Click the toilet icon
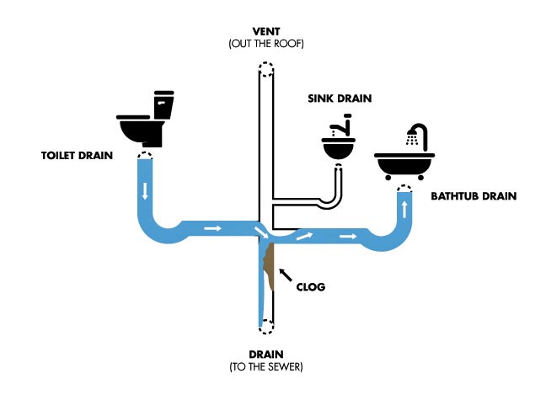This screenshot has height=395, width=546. click(x=147, y=122)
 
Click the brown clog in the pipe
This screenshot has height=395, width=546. click(x=269, y=264)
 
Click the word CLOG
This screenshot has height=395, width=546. click(x=310, y=286)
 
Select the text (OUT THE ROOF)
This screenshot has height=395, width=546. click(x=266, y=43)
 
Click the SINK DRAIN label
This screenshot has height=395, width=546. click(x=339, y=99)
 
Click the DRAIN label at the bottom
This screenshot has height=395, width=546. click(x=266, y=354)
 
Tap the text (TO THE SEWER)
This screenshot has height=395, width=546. click(x=266, y=367)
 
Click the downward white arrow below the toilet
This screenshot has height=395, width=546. click(x=145, y=190)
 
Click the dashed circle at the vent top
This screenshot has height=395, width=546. click(x=266, y=69)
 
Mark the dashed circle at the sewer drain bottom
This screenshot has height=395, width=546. click(x=266, y=328)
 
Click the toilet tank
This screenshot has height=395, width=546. click(x=163, y=105)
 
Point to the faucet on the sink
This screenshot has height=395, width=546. click(x=339, y=129)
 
